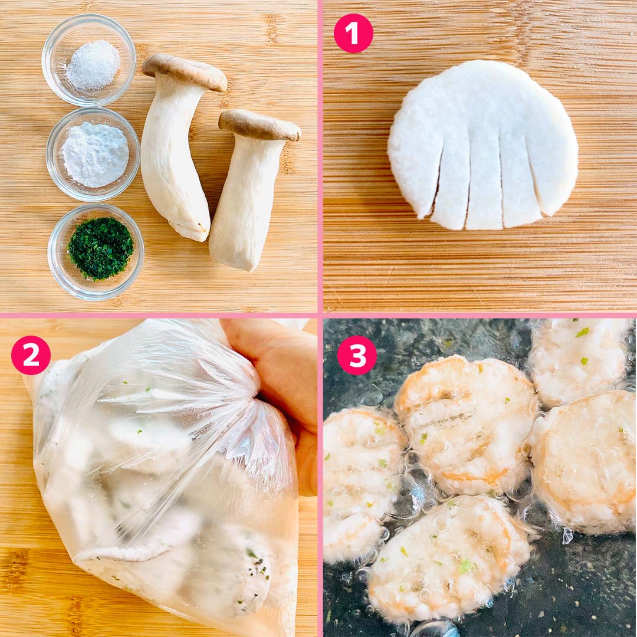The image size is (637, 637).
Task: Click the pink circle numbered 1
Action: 353,33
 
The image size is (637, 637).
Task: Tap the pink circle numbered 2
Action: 31,355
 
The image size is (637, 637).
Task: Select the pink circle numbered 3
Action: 357,355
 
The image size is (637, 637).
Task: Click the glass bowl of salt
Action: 88,60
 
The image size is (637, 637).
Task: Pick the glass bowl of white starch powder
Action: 93,155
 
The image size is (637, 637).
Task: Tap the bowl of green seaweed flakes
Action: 96,252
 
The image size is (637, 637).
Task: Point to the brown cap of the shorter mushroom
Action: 260,124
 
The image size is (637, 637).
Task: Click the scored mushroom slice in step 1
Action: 482,145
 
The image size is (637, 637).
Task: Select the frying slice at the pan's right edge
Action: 585,463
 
